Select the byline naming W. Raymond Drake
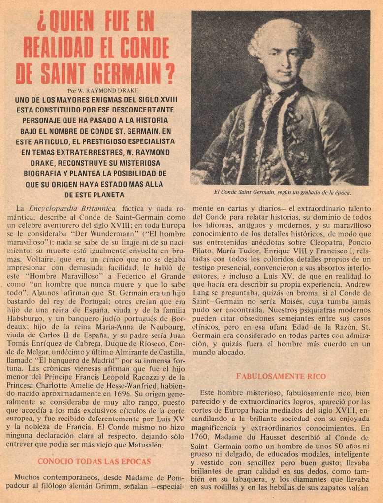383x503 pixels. point(102,91)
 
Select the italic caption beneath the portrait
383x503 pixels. point(282,192)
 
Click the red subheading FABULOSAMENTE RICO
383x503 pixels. point(281,376)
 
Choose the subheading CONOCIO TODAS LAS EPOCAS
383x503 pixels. point(94,462)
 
